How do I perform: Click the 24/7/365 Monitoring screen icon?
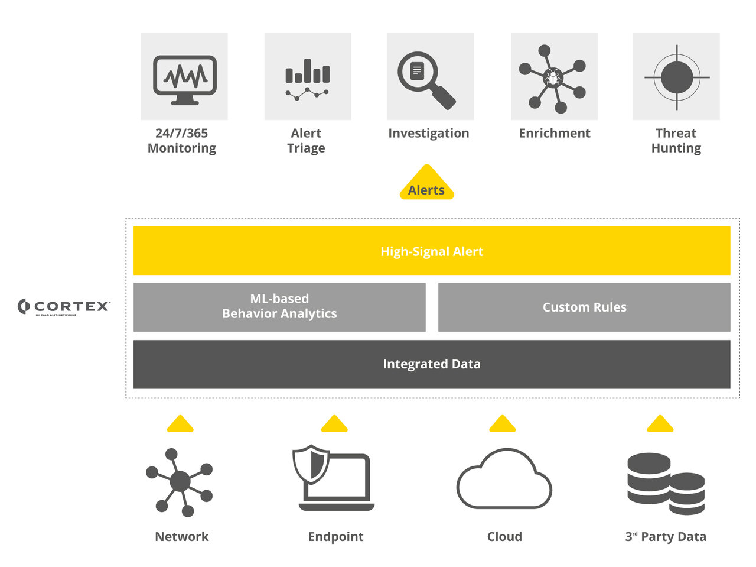pos(184,77)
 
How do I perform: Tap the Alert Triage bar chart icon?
pos(308,77)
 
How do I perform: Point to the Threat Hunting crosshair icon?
pos(676,77)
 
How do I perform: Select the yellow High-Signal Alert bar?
pos(432,251)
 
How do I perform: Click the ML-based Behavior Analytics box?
pos(279,307)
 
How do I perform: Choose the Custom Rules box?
pos(584,307)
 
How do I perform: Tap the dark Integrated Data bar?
pos(432,364)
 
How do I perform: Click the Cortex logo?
pos(64,306)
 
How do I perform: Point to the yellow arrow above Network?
pos(180,424)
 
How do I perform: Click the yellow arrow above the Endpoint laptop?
pos(334,424)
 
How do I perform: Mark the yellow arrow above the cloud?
pos(503,424)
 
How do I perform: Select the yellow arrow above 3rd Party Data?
pos(660,424)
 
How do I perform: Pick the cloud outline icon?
pos(504,479)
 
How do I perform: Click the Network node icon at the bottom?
pos(180,482)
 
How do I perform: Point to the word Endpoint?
pos(335,537)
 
